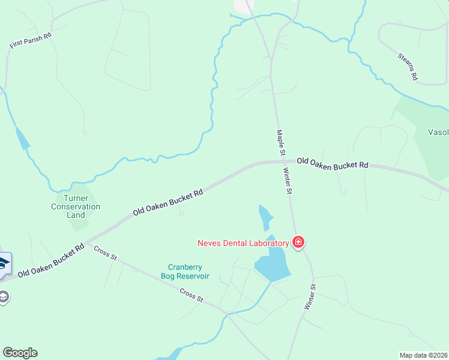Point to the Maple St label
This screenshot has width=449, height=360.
[280, 143]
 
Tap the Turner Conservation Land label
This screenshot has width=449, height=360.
[76, 206]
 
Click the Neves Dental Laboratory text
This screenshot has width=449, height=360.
[243, 243]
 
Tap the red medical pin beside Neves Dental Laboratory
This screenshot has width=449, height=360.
[298, 242]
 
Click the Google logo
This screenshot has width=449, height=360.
[20, 353]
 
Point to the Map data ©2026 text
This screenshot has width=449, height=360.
[423, 355]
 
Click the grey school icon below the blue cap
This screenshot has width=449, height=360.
[4, 296]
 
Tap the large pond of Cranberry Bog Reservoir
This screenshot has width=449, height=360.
[272, 265]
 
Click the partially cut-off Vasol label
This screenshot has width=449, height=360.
[438, 133]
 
